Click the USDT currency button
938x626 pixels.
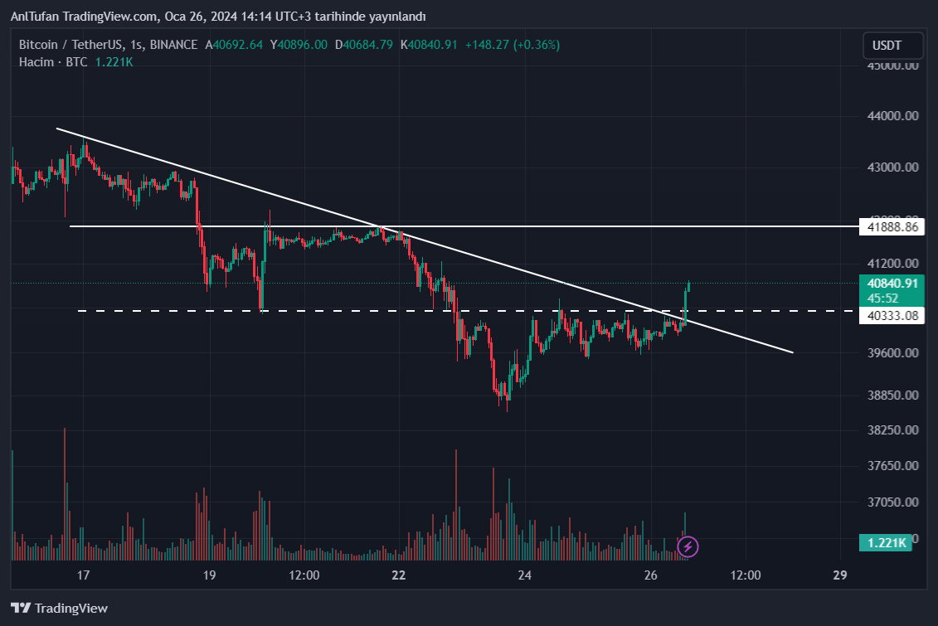tap(892, 45)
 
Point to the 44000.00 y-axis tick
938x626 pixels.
tap(892, 116)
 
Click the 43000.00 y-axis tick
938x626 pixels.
tap(892, 167)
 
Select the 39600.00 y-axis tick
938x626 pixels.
tap(892, 353)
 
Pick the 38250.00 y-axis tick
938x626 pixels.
tap(892, 430)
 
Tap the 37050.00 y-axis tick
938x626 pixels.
tap(892, 502)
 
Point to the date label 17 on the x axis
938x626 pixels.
tap(83, 575)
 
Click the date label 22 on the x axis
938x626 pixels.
tap(399, 575)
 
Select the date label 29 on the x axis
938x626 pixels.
tap(839, 575)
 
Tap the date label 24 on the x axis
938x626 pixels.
tap(524, 575)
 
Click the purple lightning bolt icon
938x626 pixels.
tap(688, 546)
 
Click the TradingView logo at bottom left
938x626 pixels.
tap(59, 608)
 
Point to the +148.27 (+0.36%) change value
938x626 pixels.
tap(512, 45)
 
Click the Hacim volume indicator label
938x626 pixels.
tap(36, 61)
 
